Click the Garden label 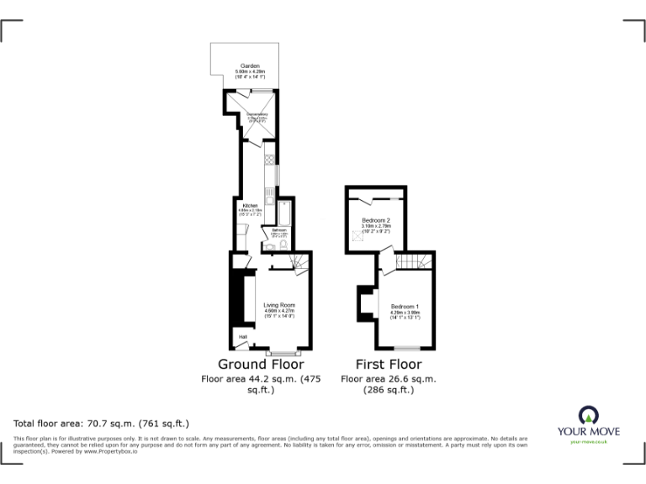click(249, 66)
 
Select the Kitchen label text click(250, 205)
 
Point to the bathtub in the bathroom click(284, 213)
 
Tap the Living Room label click(278, 305)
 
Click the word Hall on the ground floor click(242, 337)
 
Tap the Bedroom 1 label click(405, 305)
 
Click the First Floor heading click(388, 365)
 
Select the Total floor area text click(102, 423)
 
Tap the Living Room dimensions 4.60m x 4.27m click(278, 311)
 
